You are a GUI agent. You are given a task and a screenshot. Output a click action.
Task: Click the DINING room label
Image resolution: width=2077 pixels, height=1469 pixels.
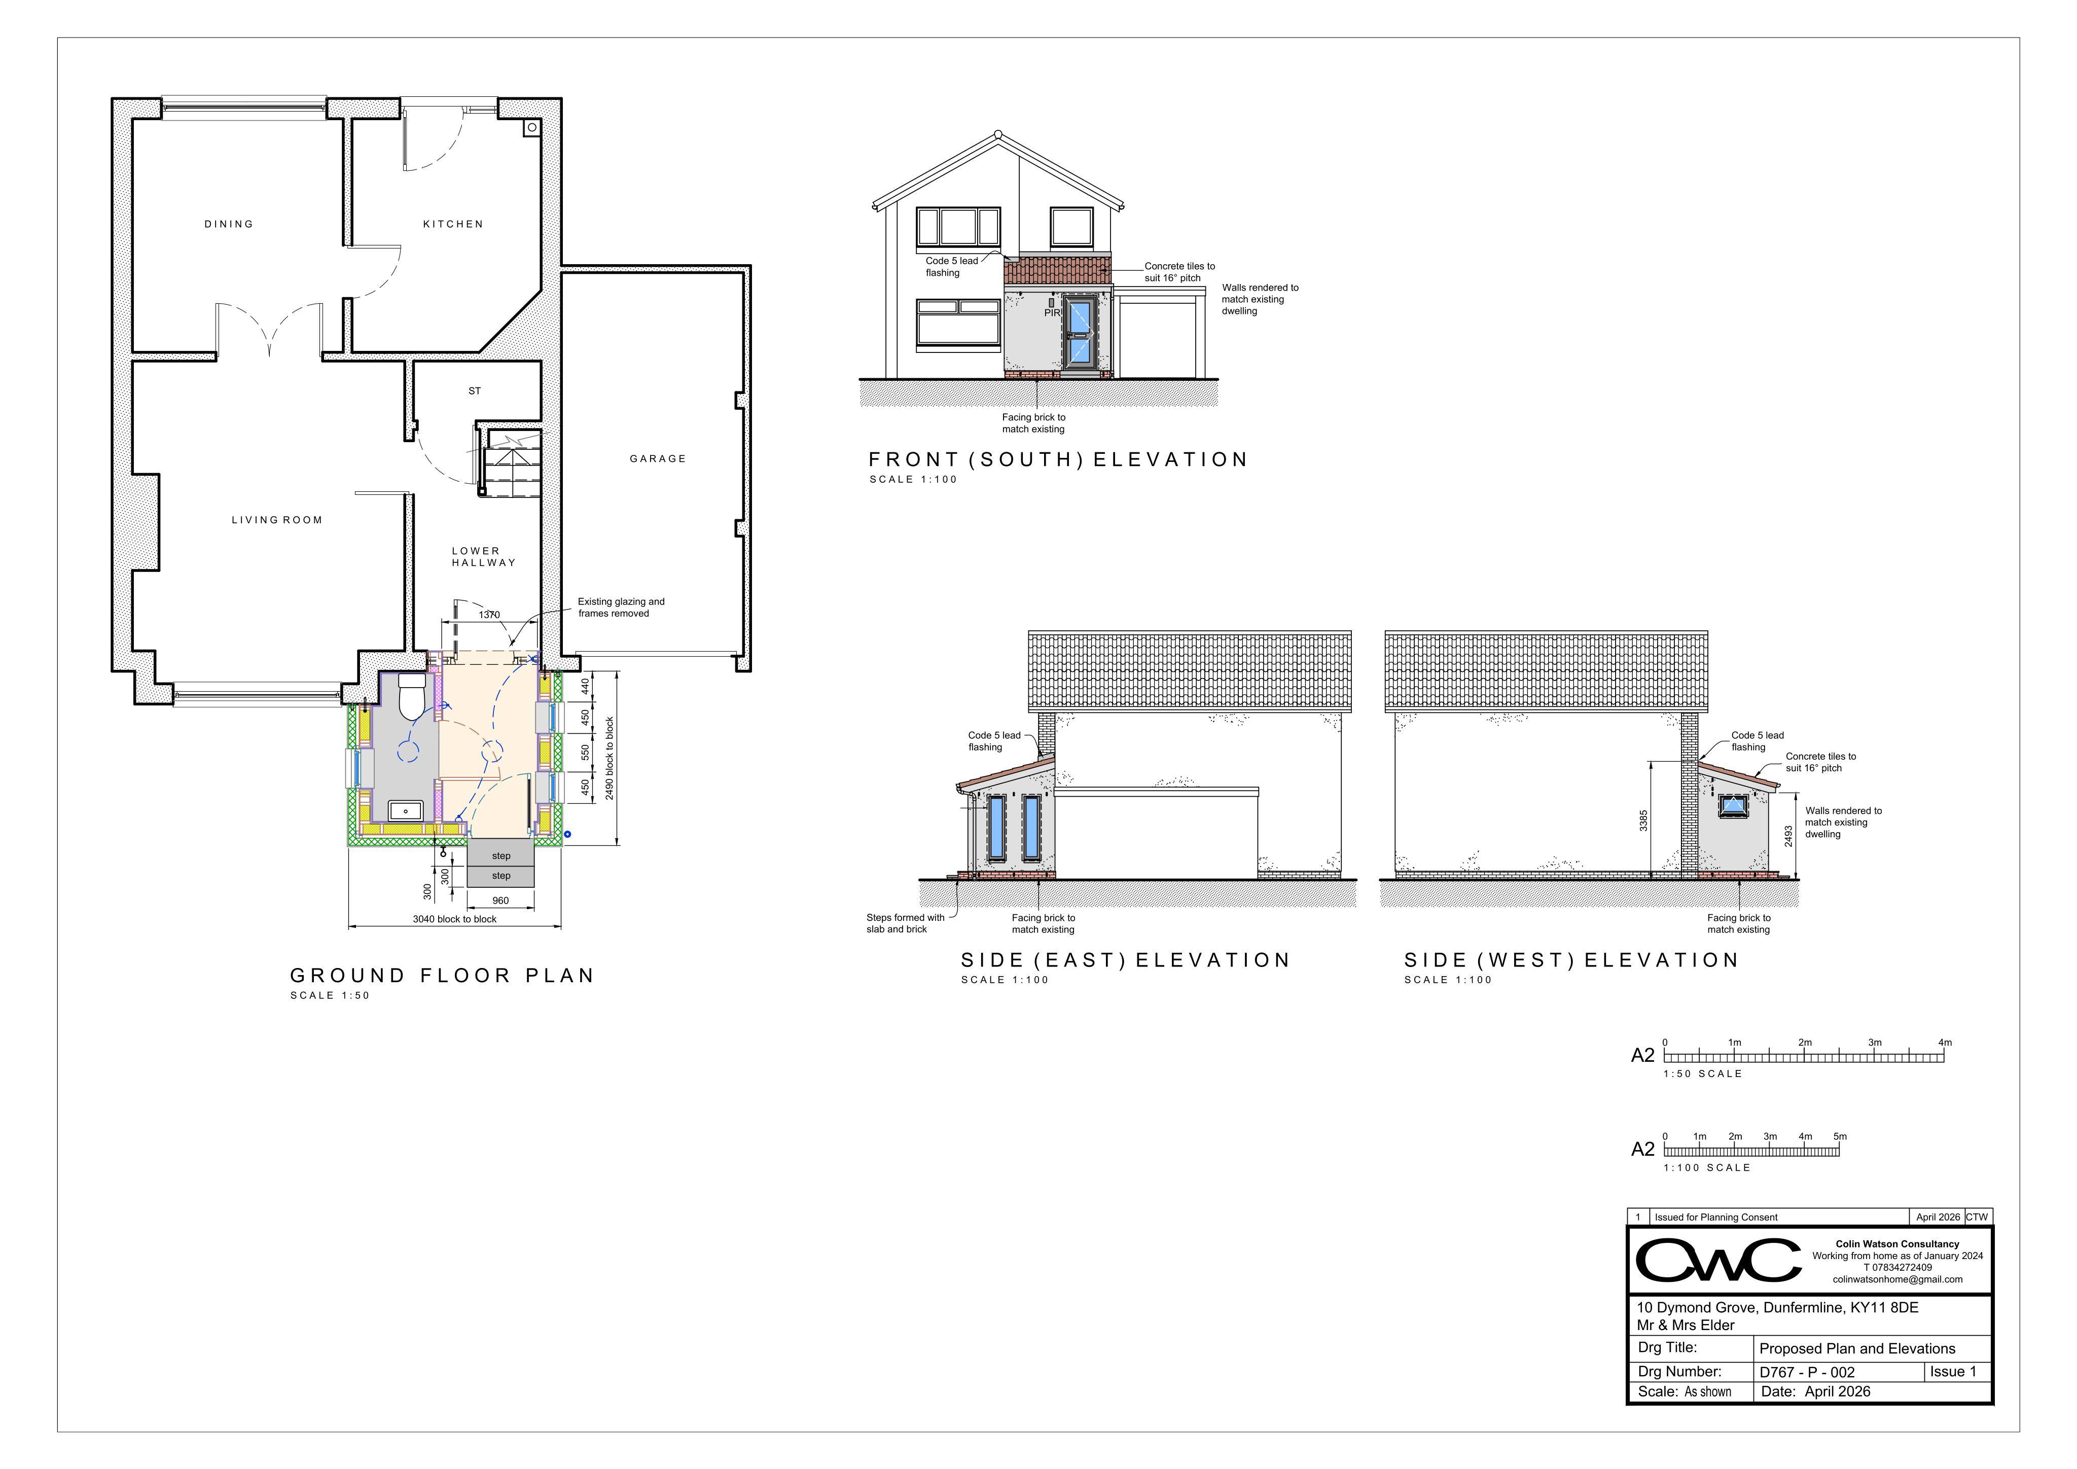coord(229,224)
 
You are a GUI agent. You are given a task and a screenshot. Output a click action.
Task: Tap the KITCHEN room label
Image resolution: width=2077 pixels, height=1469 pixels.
coord(453,224)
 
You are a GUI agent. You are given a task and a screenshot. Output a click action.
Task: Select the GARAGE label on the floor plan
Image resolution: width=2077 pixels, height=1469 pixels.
coord(658,458)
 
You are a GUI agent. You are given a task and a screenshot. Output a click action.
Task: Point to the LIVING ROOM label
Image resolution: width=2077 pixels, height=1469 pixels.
coord(277,520)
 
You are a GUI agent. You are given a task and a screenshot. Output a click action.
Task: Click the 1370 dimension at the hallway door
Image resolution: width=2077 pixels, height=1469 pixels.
coord(489,615)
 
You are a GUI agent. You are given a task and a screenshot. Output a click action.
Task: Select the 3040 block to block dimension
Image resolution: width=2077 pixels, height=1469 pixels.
coord(455,919)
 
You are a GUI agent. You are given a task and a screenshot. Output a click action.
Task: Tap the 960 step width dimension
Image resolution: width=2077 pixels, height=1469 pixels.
coord(500,901)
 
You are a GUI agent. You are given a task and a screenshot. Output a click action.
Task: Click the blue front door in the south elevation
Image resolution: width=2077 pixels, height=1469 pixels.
coord(1079,332)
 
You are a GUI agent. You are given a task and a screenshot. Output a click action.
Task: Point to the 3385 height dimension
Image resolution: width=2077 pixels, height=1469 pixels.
coord(1643,820)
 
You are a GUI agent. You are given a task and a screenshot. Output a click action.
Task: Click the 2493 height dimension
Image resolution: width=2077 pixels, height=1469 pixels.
coord(1788,836)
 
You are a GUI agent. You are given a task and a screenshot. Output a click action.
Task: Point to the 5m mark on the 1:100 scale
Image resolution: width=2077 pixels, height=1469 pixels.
coord(1840,1136)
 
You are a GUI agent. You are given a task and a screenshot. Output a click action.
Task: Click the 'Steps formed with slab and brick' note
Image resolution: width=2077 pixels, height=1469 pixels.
coord(906,923)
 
